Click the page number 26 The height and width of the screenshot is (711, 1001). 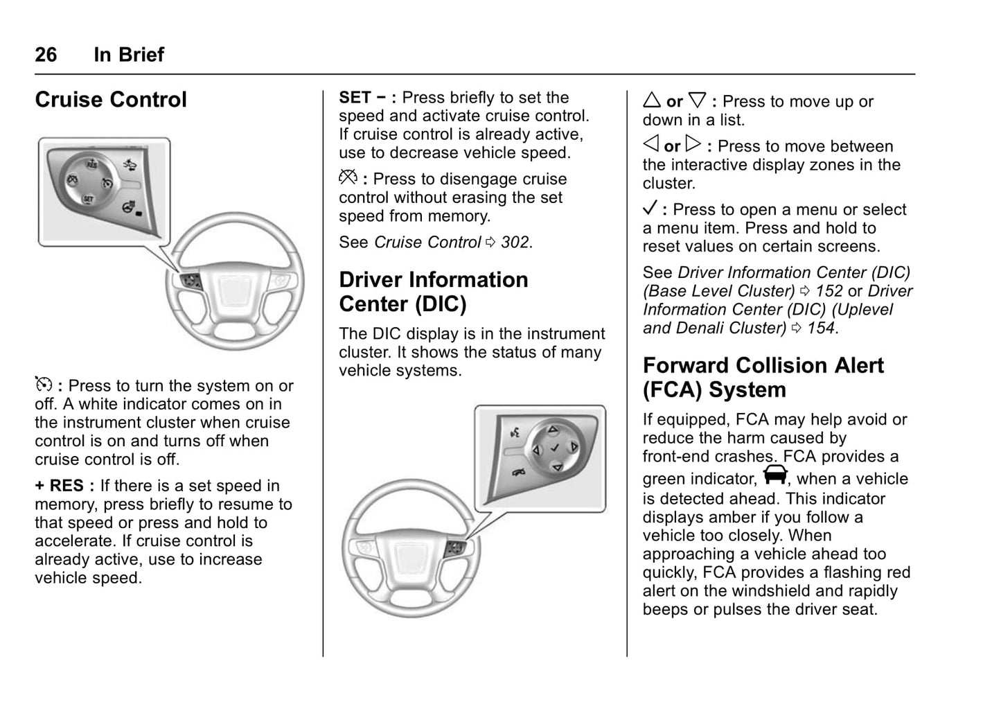[46, 54]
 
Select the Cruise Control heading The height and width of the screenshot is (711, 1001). [111, 100]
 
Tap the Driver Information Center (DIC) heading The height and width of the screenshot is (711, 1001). [433, 292]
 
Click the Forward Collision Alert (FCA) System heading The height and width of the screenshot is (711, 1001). [763, 378]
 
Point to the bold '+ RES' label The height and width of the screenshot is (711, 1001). [60, 486]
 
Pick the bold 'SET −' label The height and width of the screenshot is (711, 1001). [363, 98]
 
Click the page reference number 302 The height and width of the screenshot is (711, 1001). [515, 243]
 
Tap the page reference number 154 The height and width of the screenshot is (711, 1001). [821, 328]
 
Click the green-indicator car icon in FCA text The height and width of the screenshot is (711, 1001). [776, 476]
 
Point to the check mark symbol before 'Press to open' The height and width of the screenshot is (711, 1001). [650, 209]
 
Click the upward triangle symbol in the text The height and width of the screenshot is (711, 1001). [651, 100]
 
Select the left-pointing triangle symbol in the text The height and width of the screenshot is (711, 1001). [650, 145]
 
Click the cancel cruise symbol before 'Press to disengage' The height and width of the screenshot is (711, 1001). [347, 178]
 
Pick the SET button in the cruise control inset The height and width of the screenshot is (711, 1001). [88, 200]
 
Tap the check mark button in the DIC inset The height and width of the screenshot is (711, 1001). [554, 448]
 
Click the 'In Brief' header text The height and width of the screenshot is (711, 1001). [129, 54]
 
